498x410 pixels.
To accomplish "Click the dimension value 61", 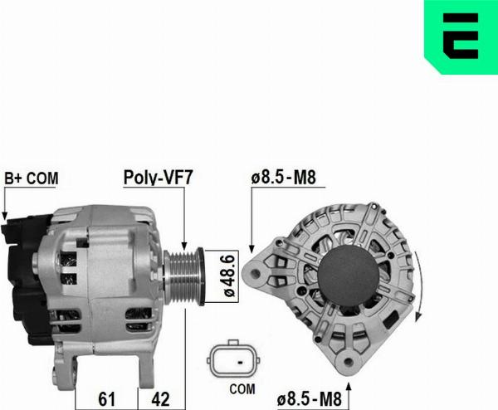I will point(105,399).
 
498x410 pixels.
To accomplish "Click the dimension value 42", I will point(163,399).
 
